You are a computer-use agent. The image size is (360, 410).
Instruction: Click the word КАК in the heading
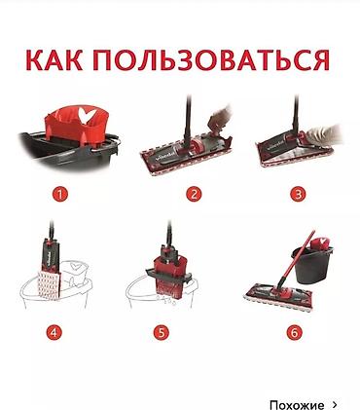(x=54, y=60)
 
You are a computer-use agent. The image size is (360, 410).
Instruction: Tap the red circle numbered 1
(x=60, y=195)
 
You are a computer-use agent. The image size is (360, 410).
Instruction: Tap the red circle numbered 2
(x=194, y=195)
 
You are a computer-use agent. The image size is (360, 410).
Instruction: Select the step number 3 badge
(x=298, y=195)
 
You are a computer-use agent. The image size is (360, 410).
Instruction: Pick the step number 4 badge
(x=54, y=333)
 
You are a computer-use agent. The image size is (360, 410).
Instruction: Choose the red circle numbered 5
(x=162, y=333)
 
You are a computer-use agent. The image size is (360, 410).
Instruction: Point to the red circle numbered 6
(x=294, y=333)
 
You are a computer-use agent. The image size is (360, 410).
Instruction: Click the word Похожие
(x=297, y=405)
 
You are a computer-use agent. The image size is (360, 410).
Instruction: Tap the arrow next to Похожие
(x=335, y=404)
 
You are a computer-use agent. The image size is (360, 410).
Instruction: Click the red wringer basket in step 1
(x=76, y=126)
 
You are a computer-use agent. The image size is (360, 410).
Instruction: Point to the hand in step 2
(x=220, y=116)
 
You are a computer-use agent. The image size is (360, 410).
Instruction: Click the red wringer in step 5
(x=169, y=276)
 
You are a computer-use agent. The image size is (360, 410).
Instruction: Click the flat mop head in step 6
(x=278, y=295)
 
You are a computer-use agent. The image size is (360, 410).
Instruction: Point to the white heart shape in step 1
(x=87, y=116)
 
